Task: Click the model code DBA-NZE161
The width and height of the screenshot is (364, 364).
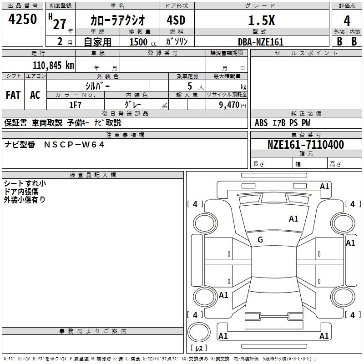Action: coord(261,42)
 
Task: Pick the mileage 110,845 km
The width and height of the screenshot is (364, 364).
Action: coord(53,65)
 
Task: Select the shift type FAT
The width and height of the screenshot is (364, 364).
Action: coord(13,95)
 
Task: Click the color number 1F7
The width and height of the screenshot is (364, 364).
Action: coord(75,105)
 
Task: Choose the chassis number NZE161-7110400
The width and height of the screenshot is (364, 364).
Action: coord(306,145)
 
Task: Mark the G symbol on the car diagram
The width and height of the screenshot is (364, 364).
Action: coord(260,240)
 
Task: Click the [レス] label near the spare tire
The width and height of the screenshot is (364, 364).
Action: coord(199,349)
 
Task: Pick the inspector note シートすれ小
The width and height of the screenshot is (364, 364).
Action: coord(25,184)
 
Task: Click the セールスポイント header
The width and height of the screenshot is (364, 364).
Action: coord(307,53)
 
